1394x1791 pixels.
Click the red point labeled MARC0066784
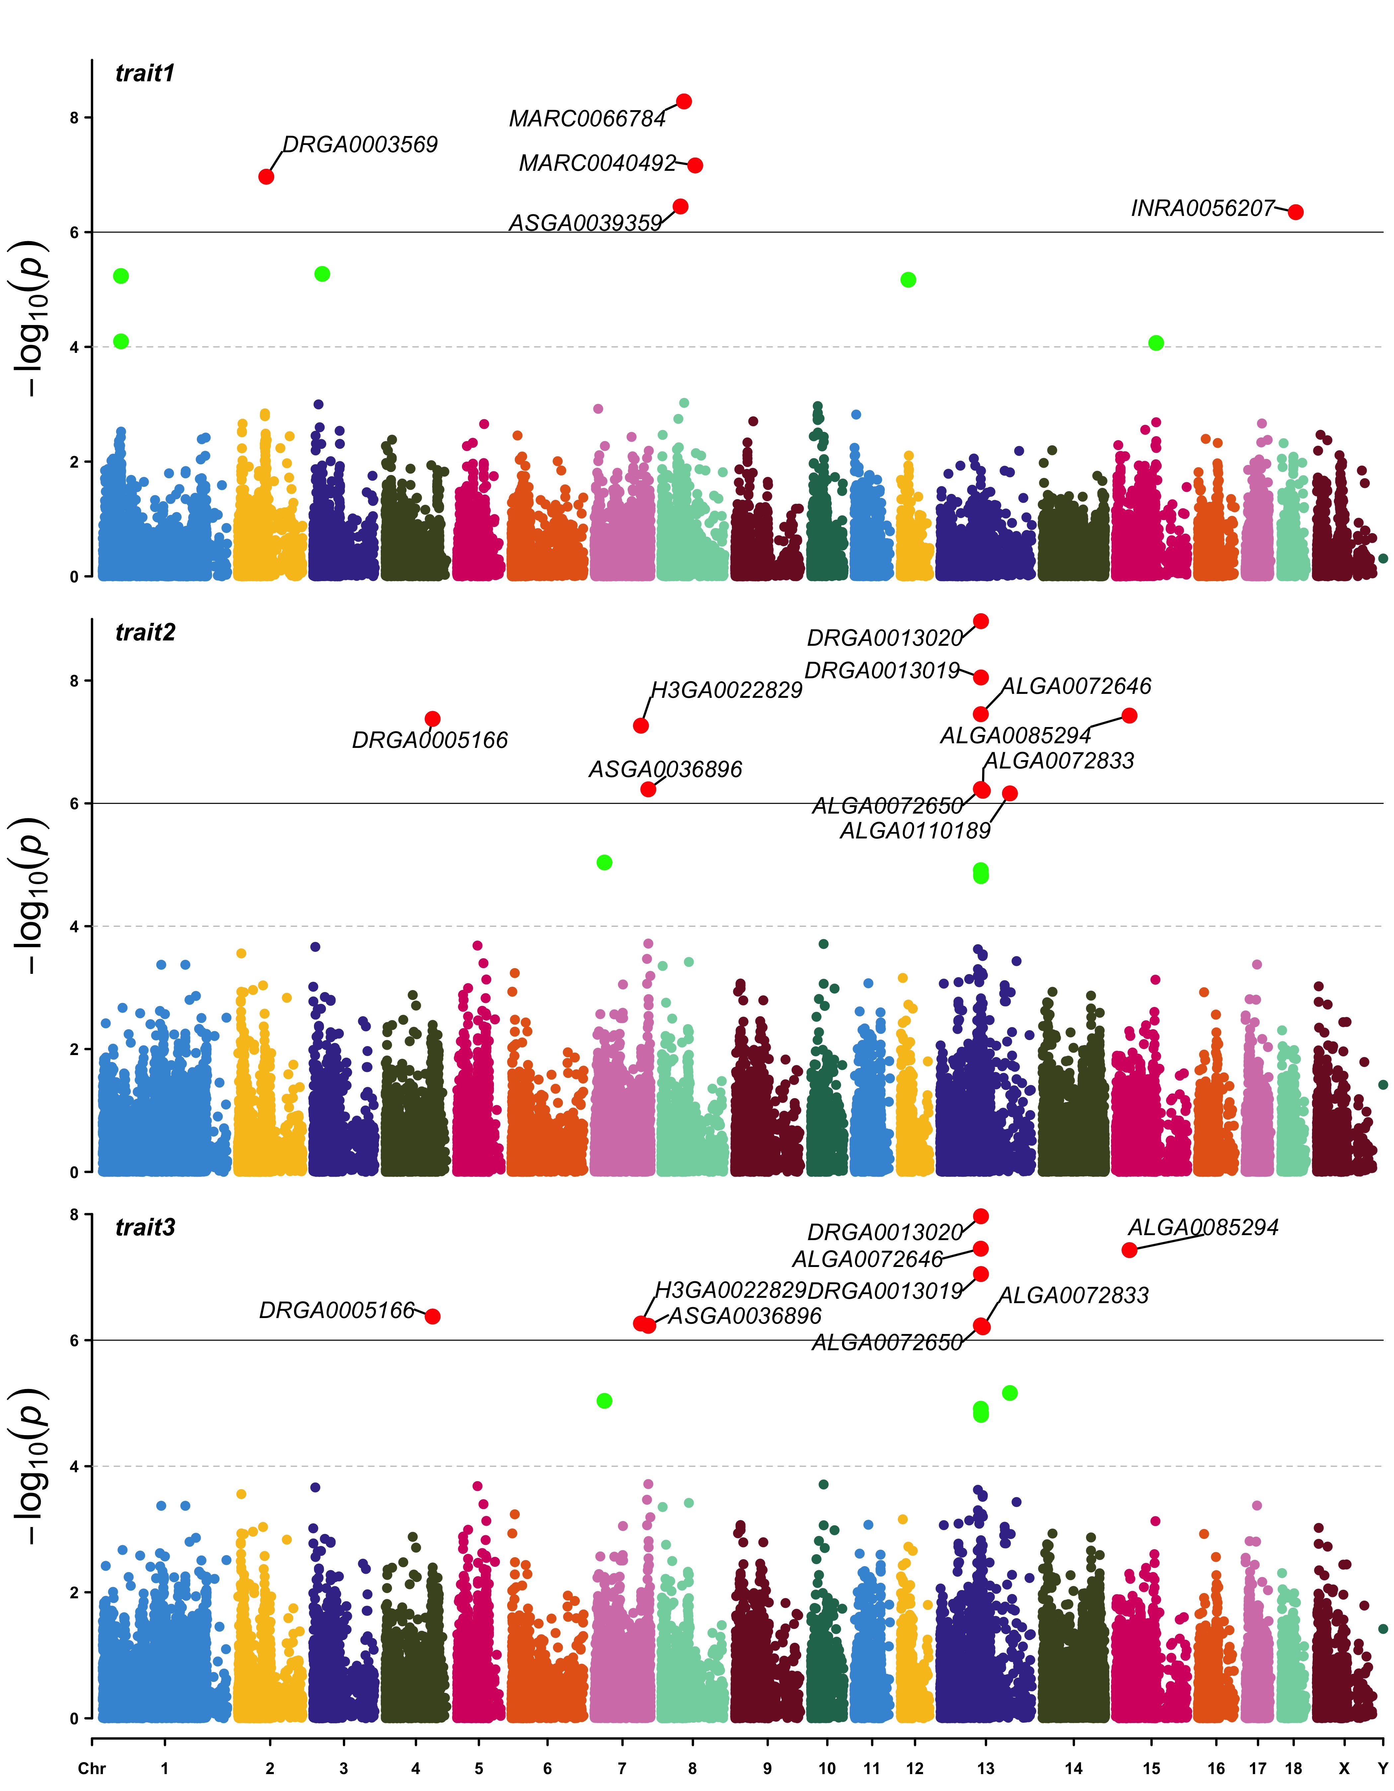683,102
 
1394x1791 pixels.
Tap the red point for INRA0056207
1295,212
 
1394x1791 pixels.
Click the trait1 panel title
145,74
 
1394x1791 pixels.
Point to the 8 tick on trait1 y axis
75,118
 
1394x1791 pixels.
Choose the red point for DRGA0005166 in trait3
432,1316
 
